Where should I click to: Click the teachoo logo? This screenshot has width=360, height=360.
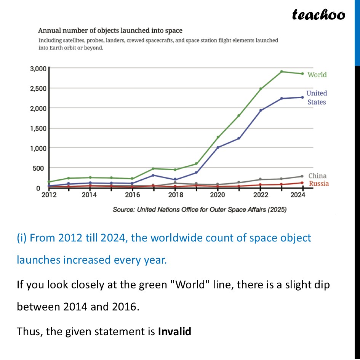point(318,15)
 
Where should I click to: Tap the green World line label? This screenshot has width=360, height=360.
point(317,75)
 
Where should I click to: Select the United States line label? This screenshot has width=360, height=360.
point(317,98)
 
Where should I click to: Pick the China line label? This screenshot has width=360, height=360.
point(317,176)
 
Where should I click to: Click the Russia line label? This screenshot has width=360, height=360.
point(319,184)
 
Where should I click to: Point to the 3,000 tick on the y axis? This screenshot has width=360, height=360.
point(38,69)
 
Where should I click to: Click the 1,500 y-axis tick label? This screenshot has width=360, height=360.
point(38,128)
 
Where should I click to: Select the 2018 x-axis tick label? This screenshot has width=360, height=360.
point(175,195)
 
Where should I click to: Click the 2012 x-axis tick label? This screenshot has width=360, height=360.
point(49,195)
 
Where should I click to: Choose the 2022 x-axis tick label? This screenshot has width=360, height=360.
point(261,195)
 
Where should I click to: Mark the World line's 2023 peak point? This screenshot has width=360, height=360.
point(282,72)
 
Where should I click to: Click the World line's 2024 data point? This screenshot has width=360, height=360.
point(302,74)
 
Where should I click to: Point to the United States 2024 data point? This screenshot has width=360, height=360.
point(302,97)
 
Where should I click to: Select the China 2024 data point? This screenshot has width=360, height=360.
point(302,176)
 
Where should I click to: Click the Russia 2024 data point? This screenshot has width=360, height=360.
point(302,183)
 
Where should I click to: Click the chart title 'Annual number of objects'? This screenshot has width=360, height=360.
point(110,30)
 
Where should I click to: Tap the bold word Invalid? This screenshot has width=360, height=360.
point(174,331)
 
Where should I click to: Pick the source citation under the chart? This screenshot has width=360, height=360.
point(200,210)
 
